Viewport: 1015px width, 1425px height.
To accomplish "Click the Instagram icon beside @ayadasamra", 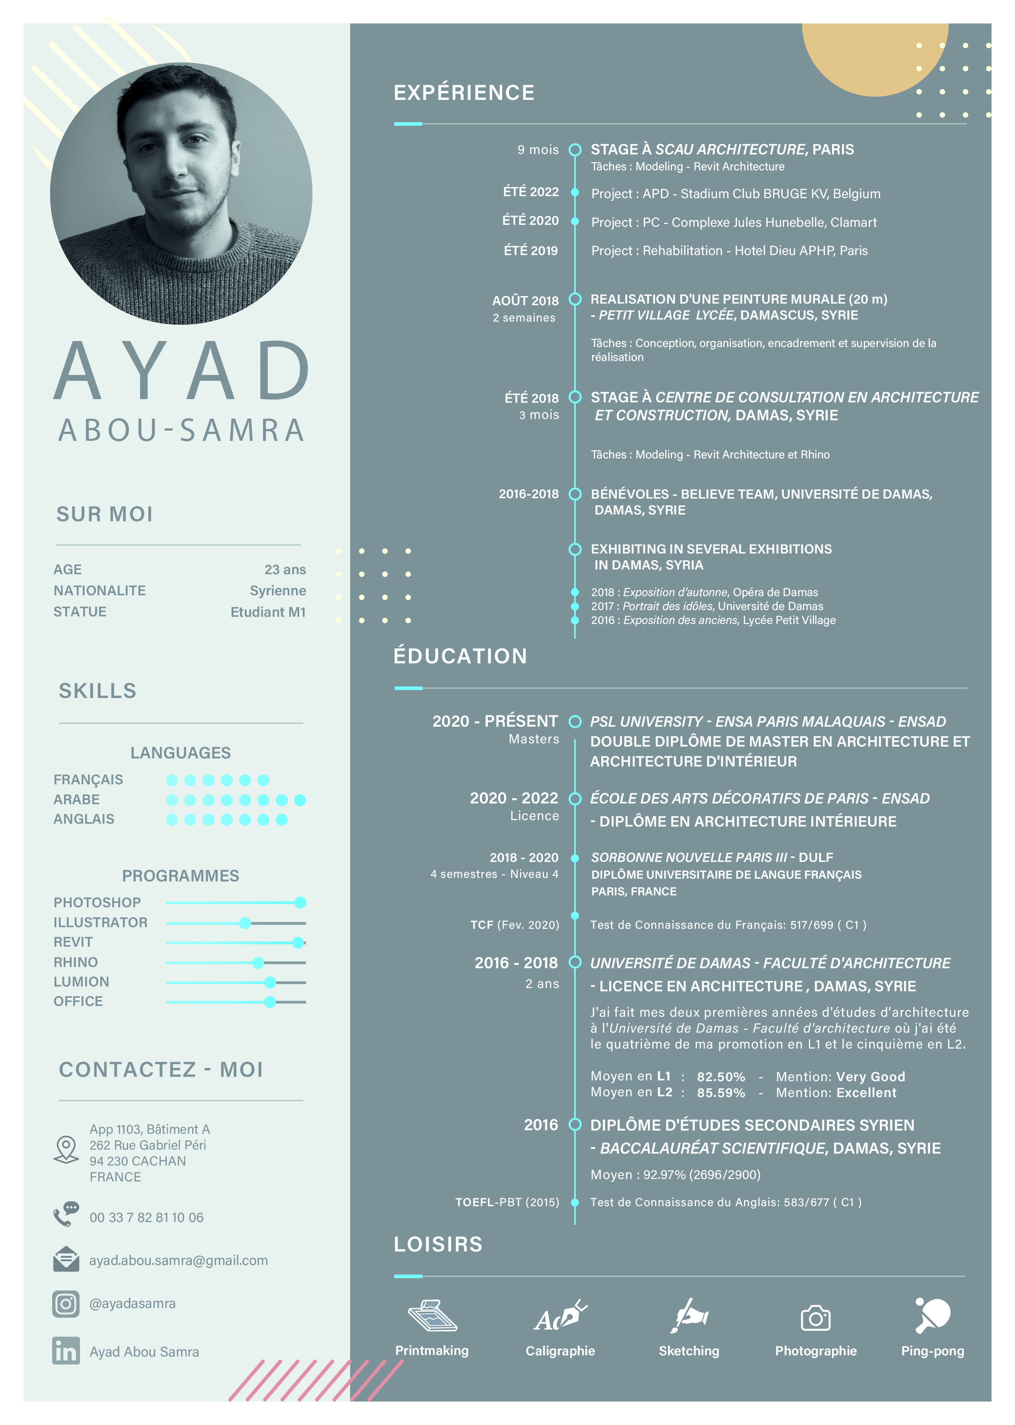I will tap(66, 1303).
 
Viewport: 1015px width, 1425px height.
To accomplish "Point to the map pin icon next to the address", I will tap(66, 1149).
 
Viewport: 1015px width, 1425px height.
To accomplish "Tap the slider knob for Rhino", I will tap(258, 963).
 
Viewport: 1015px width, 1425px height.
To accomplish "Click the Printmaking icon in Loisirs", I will tap(432, 1316).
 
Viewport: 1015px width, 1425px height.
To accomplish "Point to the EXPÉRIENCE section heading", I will tap(464, 92).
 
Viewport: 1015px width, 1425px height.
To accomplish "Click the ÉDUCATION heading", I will tap(460, 656).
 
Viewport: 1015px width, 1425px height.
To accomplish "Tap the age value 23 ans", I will tap(285, 569).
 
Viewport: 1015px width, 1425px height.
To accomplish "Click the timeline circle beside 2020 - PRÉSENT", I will tap(575, 722).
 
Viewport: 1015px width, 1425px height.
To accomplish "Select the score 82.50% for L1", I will tap(721, 1076).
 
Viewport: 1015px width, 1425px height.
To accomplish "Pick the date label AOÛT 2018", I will tap(525, 300).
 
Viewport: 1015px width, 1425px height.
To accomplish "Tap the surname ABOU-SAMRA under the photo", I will tap(181, 430).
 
